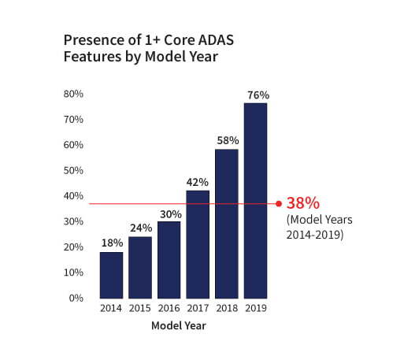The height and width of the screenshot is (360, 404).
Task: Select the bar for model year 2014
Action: (111, 275)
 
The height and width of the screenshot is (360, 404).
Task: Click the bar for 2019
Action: (255, 201)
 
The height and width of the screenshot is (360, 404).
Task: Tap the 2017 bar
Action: (198, 244)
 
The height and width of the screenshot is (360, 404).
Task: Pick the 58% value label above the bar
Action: (228, 141)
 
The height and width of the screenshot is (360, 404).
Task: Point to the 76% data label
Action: (258, 95)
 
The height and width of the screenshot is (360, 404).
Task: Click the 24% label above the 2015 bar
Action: (141, 228)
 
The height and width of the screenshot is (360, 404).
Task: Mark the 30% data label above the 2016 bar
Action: (171, 214)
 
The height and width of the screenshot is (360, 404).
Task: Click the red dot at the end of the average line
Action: (279, 204)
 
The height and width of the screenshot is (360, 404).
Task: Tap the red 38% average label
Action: (303, 203)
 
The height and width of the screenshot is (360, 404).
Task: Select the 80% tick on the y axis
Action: (73, 94)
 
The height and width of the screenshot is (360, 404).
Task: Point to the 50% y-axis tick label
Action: (73, 171)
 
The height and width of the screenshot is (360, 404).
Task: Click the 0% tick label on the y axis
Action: (76, 299)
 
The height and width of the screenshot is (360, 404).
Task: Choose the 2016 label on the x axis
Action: (169, 308)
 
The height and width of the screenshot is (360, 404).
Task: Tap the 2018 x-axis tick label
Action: (227, 308)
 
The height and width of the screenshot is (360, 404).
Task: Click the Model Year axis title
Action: (179, 326)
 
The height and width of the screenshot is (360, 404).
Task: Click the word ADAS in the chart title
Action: (216, 40)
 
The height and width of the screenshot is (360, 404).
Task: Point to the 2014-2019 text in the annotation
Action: (315, 235)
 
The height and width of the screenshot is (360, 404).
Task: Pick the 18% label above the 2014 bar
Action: (112, 243)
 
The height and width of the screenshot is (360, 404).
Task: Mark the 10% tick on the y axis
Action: (73, 273)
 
